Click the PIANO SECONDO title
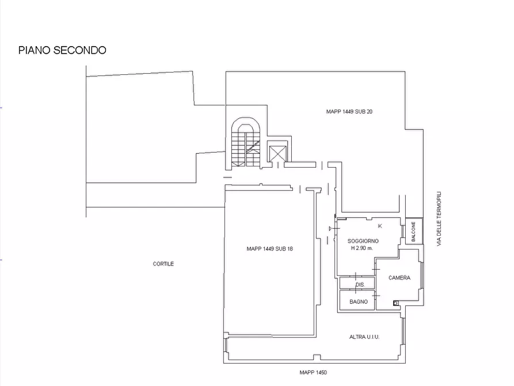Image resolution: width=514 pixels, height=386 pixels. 62,50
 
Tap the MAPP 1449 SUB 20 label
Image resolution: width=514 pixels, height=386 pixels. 349,112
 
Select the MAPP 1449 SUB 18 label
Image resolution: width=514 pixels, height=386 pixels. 269,249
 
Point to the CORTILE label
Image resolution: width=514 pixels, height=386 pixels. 163,264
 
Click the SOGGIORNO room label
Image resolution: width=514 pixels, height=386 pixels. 363,241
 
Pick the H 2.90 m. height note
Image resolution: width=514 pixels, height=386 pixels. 362,248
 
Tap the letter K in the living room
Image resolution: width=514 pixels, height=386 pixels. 380,226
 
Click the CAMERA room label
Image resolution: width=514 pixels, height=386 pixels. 399,278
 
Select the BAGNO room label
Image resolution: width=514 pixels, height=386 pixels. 358,302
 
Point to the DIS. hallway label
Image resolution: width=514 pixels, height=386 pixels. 360,285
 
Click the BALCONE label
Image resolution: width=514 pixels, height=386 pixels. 413,232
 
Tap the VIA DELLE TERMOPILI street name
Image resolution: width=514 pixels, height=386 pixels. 439,218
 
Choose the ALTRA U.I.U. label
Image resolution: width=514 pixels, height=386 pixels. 364,337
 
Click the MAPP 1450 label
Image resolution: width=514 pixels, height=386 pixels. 313,373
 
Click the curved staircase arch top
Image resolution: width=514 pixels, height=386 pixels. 246,118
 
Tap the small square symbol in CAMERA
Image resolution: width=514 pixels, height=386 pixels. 396,303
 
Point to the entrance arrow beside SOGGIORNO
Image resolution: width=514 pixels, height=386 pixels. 331,229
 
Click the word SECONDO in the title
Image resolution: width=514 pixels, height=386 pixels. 79,50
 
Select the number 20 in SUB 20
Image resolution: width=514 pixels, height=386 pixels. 369,112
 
